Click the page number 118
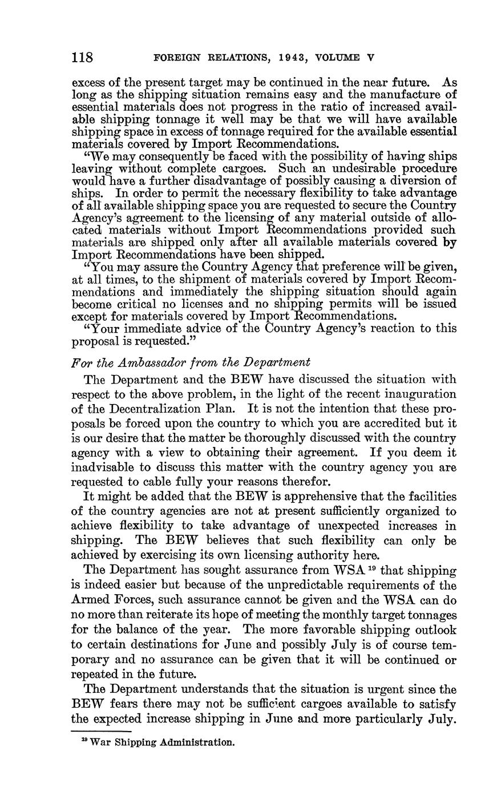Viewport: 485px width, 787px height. click(82, 58)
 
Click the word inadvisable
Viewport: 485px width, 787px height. click(106, 468)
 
